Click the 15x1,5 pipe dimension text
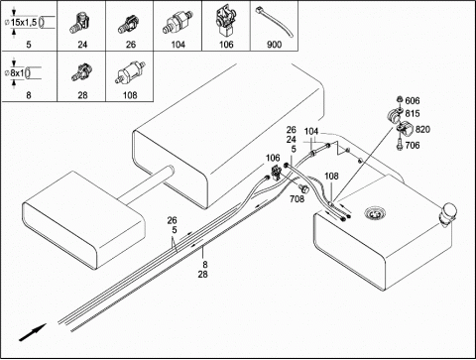click(x=24, y=23)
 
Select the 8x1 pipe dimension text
click(x=17, y=72)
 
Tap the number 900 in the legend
click(x=274, y=45)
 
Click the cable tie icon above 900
click(x=274, y=23)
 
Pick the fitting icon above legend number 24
click(x=80, y=23)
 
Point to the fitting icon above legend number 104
click(x=178, y=23)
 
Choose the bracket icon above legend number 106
click(x=226, y=22)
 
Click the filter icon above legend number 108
click(x=129, y=73)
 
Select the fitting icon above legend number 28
click(x=81, y=72)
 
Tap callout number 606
click(x=413, y=101)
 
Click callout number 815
click(x=413, y=114)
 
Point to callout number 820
click(x=422, y=130)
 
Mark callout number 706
click(x=413, y=145)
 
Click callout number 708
click(x=297, y=199)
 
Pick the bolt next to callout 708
click(x=303, y=188)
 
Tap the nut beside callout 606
click(x=399, y=99)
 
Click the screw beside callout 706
click(x=399, y=145)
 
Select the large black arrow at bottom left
click(x=33, y=332)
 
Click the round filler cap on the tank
click(x=448, y=211)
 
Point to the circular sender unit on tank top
click(x=375, y=213)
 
